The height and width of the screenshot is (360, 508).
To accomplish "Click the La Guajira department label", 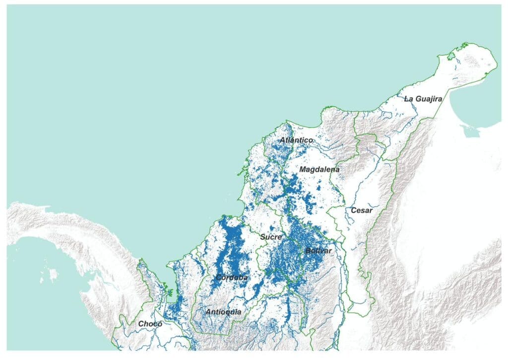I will click(x=423, y=99).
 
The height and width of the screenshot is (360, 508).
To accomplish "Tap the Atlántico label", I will click(x=296, y=141).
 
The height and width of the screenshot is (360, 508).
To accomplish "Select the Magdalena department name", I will click(x=319, y=169).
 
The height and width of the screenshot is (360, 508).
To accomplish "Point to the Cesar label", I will click(x=361, y=211).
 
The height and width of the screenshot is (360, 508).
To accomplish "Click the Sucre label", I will click(x=271, y=237).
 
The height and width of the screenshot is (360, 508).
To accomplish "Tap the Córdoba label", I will click(x=232, y=278).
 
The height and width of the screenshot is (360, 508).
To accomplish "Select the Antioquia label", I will click(x=223, y=312).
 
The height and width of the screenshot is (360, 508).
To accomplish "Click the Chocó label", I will click(x=150, y=324).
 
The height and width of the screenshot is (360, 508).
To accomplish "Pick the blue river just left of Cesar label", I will click(x=349, y=211).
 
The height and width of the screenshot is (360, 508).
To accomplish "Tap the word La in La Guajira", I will click(x=409, y=99).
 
